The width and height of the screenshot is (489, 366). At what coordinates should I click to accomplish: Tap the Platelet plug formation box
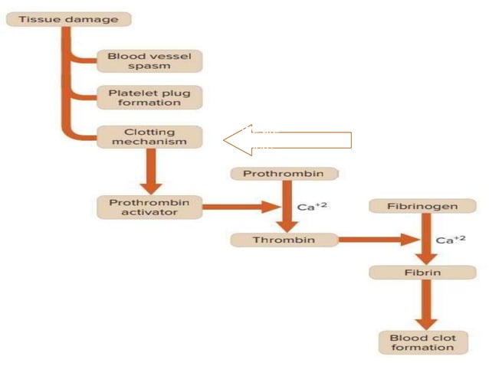149,97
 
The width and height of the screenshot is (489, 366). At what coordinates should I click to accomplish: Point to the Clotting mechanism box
149,136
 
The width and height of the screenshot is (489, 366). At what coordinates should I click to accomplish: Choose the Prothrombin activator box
149,207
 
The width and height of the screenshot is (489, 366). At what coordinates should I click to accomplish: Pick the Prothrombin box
284,174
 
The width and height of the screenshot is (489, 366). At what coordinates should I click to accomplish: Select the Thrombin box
284,240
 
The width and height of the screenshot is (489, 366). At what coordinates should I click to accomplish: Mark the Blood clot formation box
423,342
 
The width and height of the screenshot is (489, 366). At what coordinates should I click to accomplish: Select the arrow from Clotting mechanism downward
153,170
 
